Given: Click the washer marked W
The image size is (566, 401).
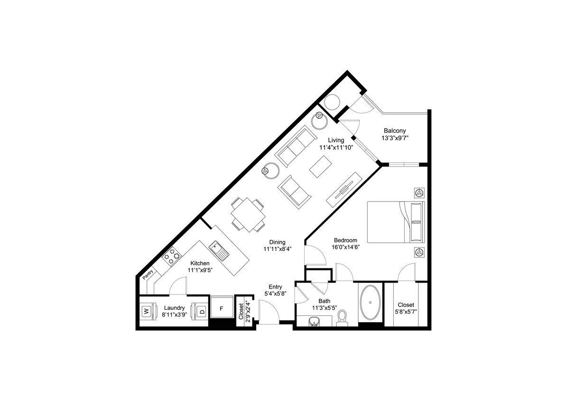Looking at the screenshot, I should point(147,312).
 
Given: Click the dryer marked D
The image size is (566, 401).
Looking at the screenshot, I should point(201,312).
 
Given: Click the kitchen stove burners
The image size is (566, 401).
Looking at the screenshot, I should point(172,257).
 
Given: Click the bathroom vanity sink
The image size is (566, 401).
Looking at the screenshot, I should point(314,323).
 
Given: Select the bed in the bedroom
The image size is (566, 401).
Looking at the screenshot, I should point(395,222).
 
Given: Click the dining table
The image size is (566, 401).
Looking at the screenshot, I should point(248,215).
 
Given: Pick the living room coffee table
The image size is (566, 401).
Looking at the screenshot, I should point(321,167).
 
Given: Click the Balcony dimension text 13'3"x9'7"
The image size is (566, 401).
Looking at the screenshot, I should point(394,138).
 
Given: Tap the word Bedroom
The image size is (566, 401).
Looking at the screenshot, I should point(345,240).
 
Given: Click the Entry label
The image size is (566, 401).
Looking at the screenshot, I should point(275,286).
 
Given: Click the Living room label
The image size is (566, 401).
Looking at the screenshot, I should point(336,140).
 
